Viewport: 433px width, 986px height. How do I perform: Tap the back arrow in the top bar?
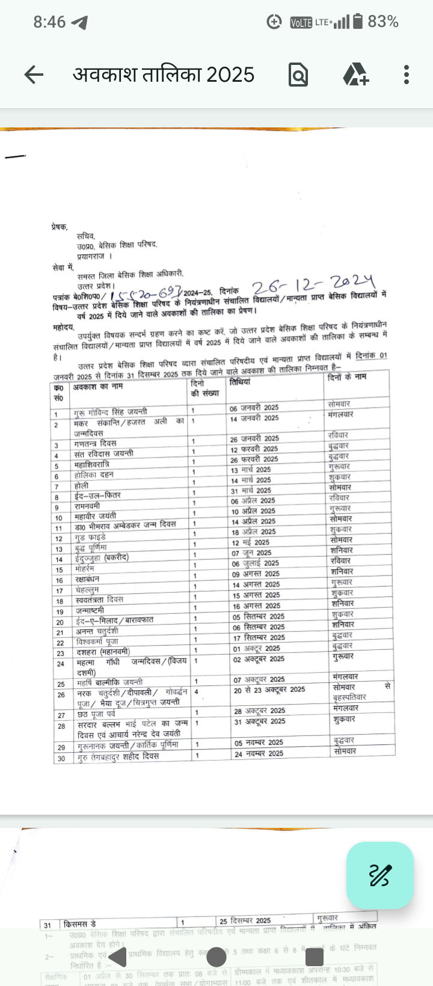[34, 75]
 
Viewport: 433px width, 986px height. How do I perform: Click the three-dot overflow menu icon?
[407, 75]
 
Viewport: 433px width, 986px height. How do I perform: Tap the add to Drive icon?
[355, 75]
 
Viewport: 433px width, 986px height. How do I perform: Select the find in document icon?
[298, 75]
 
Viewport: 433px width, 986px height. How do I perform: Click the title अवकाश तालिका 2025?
[164, 75]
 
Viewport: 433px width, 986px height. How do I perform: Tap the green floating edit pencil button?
[380, 875]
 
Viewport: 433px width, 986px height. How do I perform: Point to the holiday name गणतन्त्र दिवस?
[94, 443]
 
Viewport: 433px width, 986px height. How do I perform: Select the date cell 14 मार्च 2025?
[251, 480]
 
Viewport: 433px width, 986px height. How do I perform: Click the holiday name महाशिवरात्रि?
[91, 465]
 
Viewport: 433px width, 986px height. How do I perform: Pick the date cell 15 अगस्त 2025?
[256, 595]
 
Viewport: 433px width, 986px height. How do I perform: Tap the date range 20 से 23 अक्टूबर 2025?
[269, 690]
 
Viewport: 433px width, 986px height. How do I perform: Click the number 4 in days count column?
[196, 691]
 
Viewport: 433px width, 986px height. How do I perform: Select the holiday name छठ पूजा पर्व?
[95, 714]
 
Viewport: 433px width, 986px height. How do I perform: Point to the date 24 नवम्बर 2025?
[259, 753]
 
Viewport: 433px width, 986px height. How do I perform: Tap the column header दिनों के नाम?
[347, 377]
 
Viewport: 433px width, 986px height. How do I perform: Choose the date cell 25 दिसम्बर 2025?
[245, 920]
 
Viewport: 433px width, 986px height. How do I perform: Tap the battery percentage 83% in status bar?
[383, 22]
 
